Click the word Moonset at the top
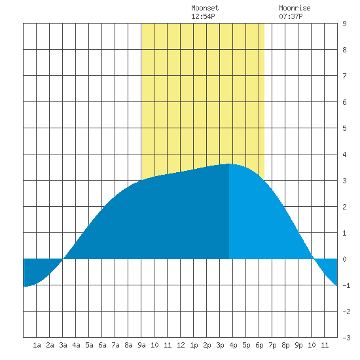[x=205, y=8]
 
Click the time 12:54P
[x=203, y=16]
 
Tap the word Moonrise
[x=295, y=8]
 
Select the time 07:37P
[x=291, y=16]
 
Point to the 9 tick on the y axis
[x=344, y=24]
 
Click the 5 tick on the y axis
[x=344, y=128]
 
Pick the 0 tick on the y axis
[x=344, y=259]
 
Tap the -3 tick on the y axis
[x=346, y=338]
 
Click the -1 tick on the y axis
[x=346, y=285]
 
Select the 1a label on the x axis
[x=37, y=345]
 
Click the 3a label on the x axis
[x=63, y=345]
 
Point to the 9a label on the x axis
[x=141, y=345]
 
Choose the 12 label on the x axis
[x=181, y=345]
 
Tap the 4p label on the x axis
[x=233, y=345]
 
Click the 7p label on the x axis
[x=272, y=345]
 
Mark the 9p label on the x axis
[x=298, y=345]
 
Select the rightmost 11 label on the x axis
[x=325, y=345]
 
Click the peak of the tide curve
[x=229, y=164]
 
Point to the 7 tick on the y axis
[x=344, y=76]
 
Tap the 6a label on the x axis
[x=102, y=345]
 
